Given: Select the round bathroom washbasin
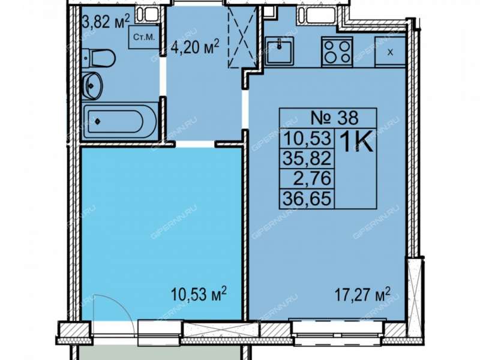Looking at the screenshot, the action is click(x=92, y=86).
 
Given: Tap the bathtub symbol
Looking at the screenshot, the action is click(x=120, y=122).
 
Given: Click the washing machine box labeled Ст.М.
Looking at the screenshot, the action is click(x=144, y=37).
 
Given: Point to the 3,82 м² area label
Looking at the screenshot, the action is click(x=106, y=22).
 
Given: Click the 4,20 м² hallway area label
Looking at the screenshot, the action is click(x=194, y=48).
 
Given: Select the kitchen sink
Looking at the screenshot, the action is click(x=279, y=51).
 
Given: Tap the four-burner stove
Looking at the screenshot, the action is click(x=337, y=52).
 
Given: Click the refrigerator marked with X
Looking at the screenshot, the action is click(x=391, y=51).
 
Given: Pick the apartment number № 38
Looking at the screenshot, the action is click(x=334, y=118).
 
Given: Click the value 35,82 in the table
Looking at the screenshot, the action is click(x=307, y=158).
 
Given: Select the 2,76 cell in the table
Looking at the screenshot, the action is click(x=312, y=178).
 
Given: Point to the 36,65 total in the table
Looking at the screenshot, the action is click(x=307, y=199).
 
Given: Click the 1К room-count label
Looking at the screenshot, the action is click(x=356, y=142).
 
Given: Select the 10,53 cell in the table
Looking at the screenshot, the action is click(x=307, y=139).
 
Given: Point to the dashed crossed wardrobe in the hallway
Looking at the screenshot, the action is click(x=242, y=37).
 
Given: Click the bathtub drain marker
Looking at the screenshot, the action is click(x=97, y=122).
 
